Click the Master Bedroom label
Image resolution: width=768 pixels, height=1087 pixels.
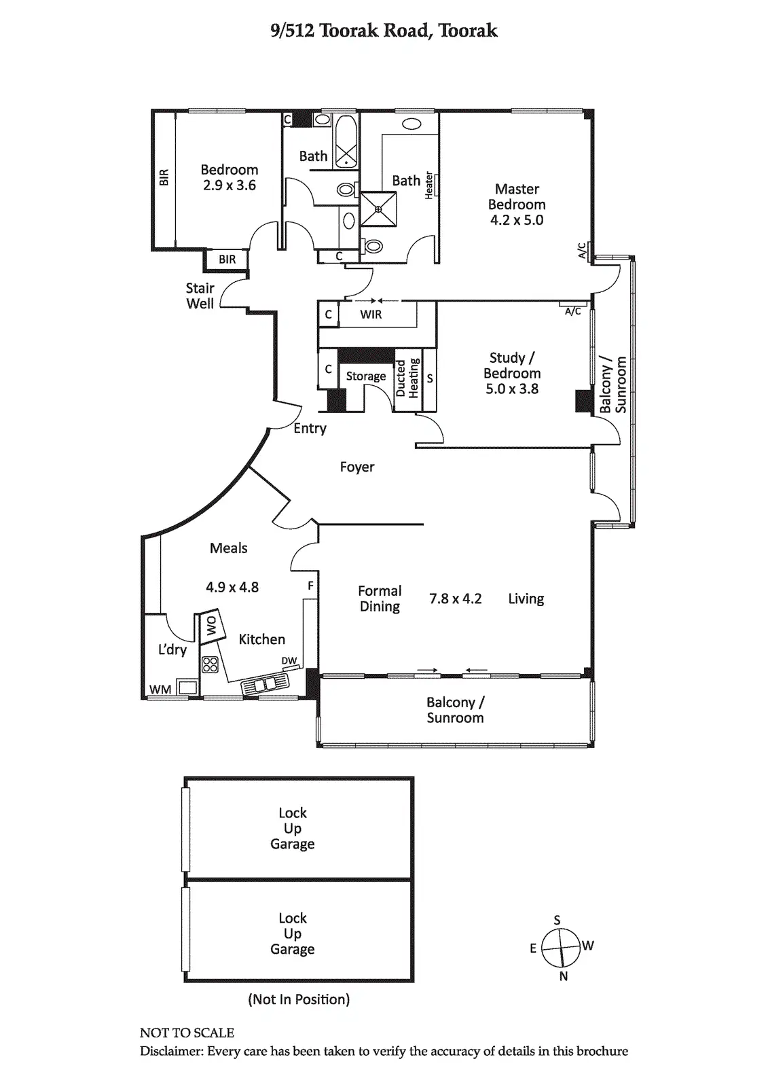(x=516, y=196)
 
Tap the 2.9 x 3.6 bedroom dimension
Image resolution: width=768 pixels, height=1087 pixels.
(x=229, y=185)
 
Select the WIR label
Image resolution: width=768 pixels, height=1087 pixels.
(x=371, y=315)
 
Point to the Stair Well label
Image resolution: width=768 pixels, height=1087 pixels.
(x=200, y=296)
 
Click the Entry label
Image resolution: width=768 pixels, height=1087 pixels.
(x=310, y=429)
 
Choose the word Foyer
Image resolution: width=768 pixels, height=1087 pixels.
(x=357, y=467)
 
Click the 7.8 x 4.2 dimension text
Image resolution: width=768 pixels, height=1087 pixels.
(x=455, y=599)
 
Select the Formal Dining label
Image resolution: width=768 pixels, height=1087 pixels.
(x=380, y=599)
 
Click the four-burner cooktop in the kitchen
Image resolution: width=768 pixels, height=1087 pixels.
(x=210, y=664)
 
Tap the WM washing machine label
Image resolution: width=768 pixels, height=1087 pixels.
(x=160, y=690)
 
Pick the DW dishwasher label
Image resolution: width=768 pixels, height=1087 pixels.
(x=289, y=661)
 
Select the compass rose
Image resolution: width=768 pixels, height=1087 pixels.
(x=562, y=947)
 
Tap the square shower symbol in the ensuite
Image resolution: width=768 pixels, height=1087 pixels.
(x=378, y=209)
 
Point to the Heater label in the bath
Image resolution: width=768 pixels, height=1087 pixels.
(x=429, y=185)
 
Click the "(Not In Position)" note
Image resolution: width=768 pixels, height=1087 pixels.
(x=299, y=999)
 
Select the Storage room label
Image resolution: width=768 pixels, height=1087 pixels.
(x=366, y=376)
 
